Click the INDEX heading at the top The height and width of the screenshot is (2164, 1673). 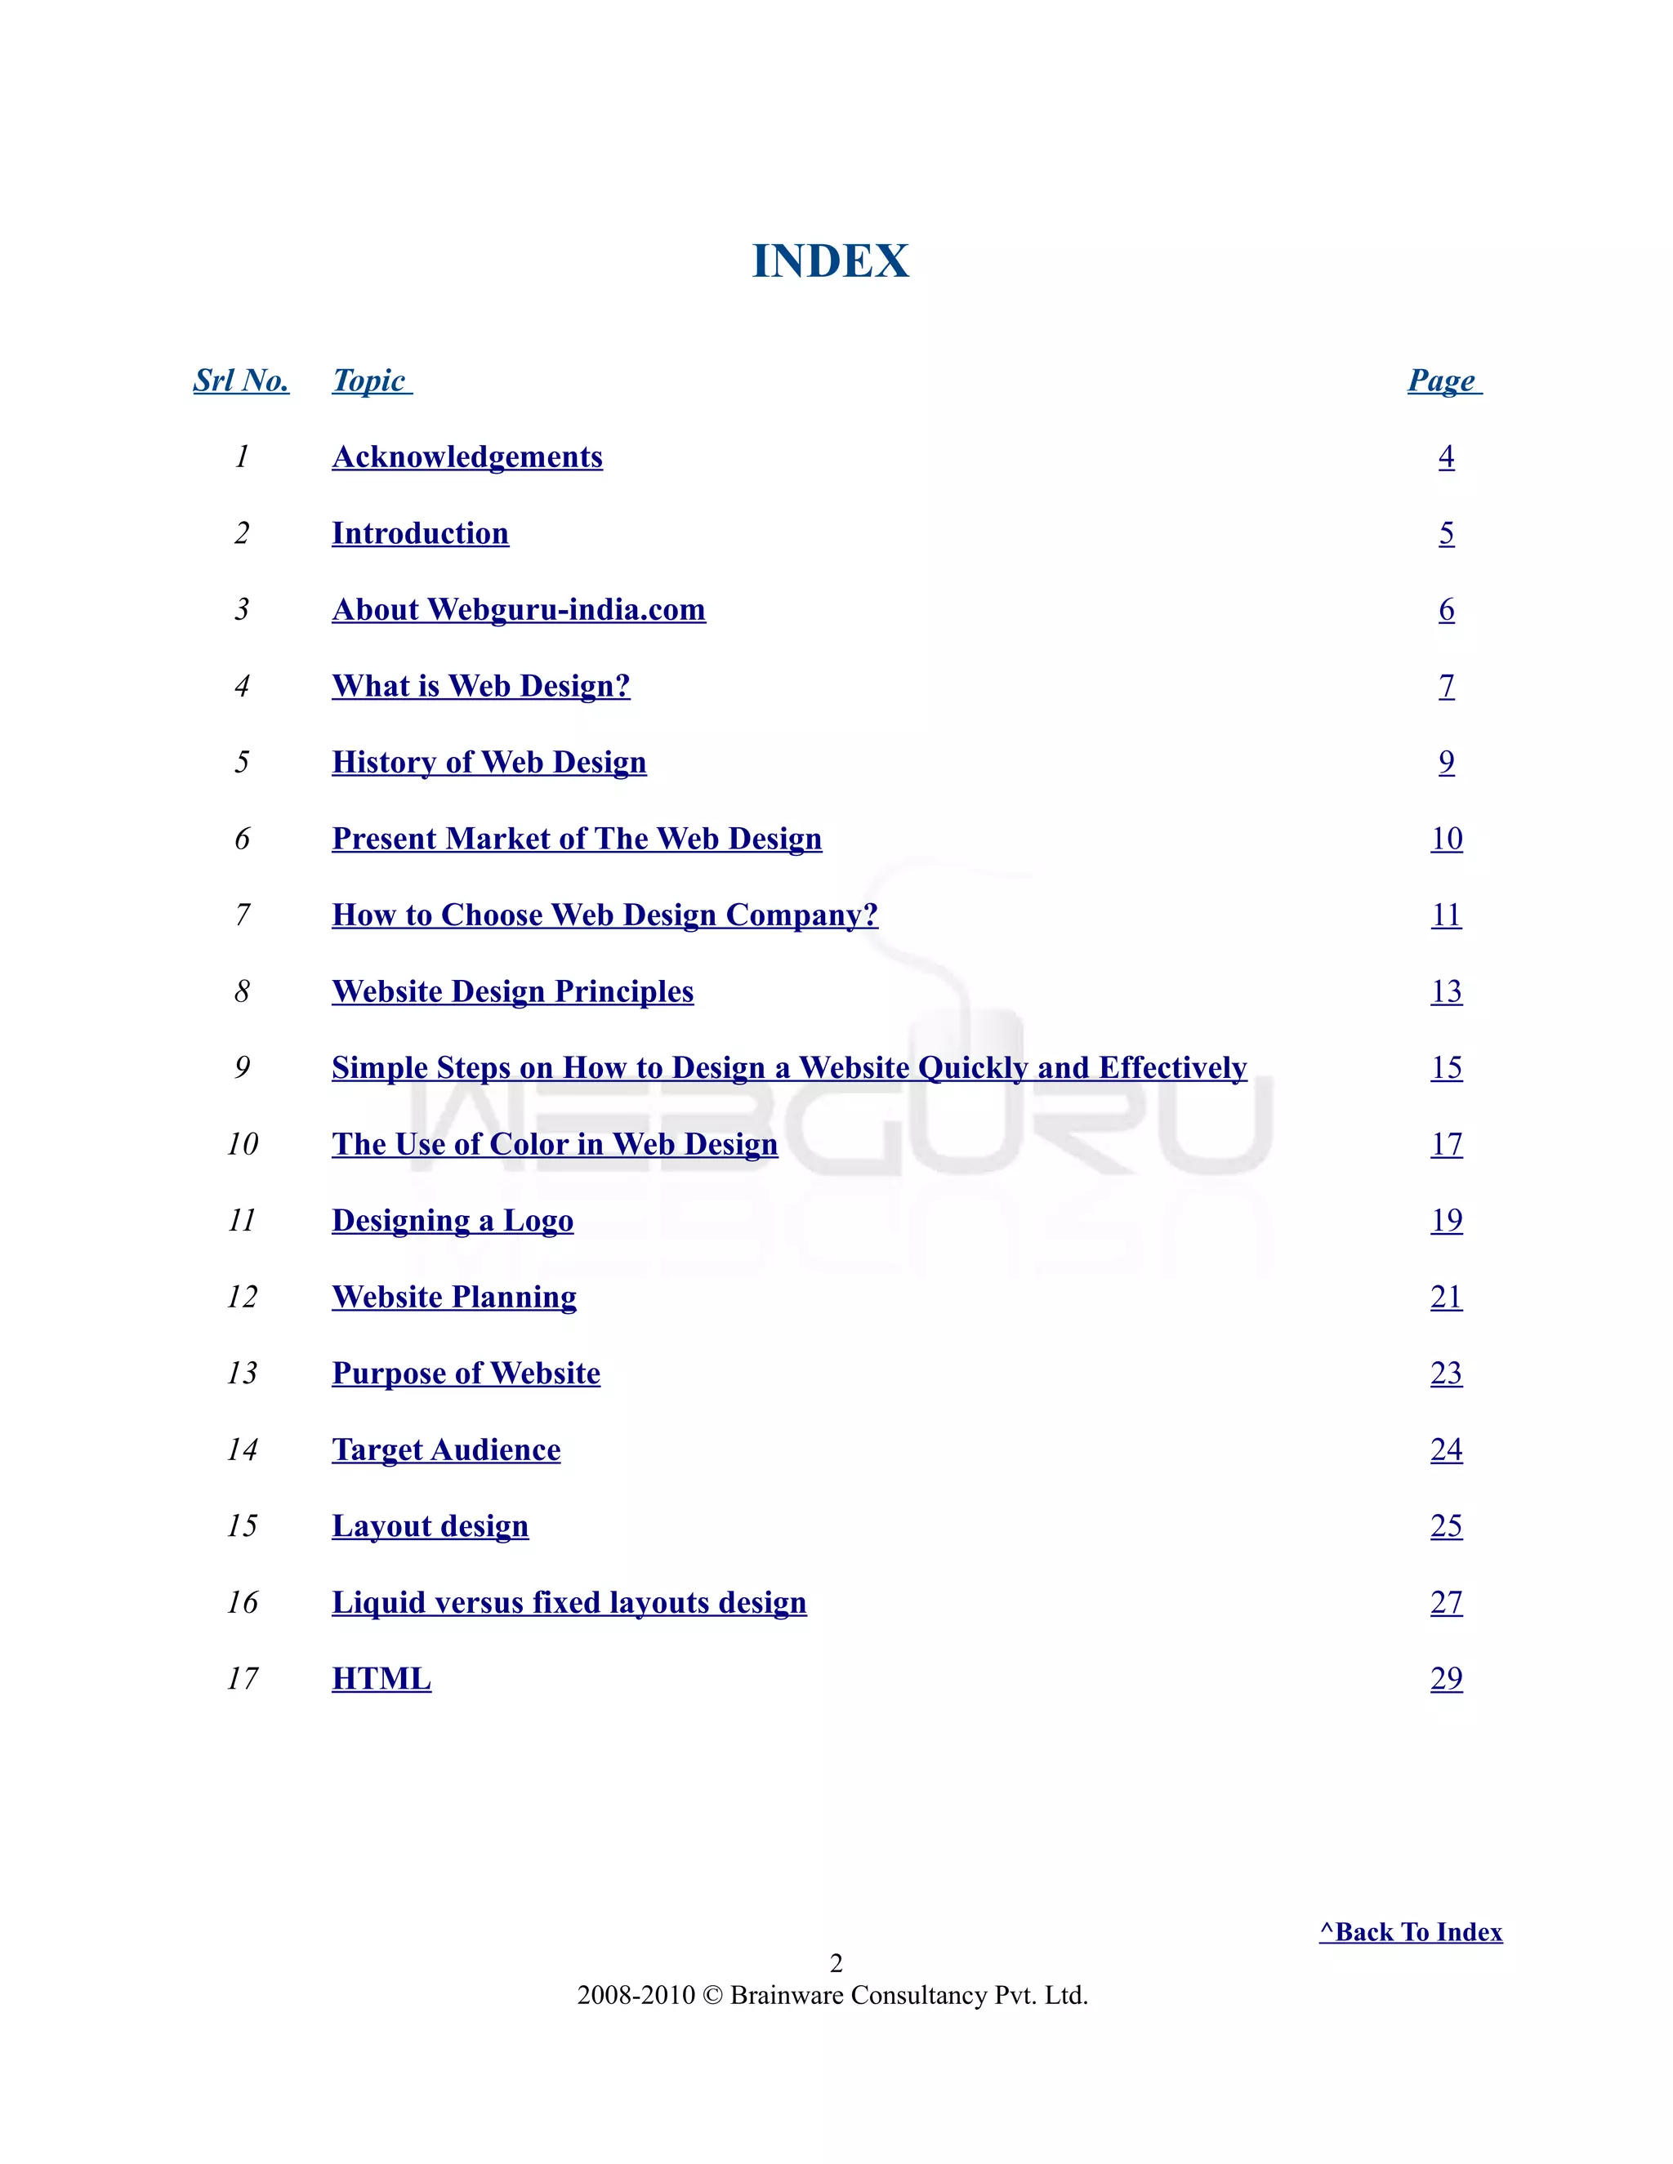click(x=831, y=260)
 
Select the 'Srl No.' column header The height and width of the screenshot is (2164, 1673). click(x=241, y=381)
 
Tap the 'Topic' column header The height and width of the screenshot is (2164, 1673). click(x=371, y=381)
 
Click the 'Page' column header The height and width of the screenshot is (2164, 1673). click(x=1443, y=381)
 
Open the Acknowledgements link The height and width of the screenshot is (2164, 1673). click(x=466, y=456)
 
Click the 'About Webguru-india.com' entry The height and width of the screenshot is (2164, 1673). click(x=519, y=609)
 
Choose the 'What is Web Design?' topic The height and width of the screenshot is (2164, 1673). click(x=480, y=686)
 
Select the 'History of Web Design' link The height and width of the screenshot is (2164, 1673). click(x=489, y=762)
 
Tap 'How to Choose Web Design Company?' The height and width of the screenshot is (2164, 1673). click(x=605, y=915)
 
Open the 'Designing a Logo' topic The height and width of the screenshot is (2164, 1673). click(x=452, y=1220)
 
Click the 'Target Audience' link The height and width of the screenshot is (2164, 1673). click(x=446, y=1449)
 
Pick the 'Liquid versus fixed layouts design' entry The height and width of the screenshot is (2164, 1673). click(x=569, y=1602)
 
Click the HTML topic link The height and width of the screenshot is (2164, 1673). click(x=381, y=1678)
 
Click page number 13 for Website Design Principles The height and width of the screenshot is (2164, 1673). click(x=1446, y=991)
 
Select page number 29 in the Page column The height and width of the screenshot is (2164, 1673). click(x=1446, y=1678)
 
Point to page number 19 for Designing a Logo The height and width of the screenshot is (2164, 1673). click(x=1446, y=1220)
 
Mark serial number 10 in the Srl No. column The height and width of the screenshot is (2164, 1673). click(x=242, y=1144)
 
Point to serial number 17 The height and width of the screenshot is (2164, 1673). click(x=242, y=1678)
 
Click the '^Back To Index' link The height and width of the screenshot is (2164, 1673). click(x=1410, y=1932)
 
